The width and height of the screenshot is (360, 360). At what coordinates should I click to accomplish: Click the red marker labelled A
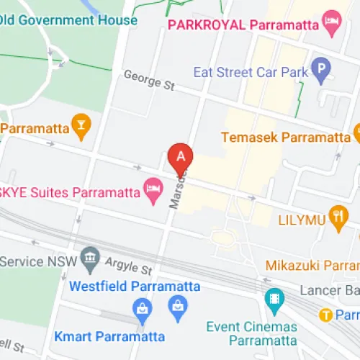point(181,156)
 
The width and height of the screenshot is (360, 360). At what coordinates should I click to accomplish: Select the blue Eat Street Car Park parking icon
point(321,71)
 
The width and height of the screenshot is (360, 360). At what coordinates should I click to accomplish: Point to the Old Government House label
point(68,19)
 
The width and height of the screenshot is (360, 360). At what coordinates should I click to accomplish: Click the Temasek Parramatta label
point(284,137)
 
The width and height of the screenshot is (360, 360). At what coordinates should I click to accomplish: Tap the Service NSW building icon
point(90,258)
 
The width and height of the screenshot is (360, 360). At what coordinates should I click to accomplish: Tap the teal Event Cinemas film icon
point(274,297)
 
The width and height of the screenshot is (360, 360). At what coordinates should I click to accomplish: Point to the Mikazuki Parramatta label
point(312,266)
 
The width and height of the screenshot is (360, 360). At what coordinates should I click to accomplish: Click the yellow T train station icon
point(327,315)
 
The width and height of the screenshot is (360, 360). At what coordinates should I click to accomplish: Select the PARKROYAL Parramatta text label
point(243,24)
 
